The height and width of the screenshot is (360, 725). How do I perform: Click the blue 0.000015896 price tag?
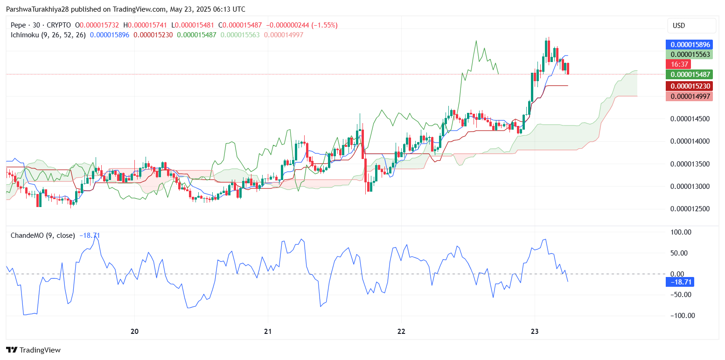690,45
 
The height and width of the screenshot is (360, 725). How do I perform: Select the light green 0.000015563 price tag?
690,55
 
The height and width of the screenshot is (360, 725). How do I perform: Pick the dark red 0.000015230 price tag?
690,86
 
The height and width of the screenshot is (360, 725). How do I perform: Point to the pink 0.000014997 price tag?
690,96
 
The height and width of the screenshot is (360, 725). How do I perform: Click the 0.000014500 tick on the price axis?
690,119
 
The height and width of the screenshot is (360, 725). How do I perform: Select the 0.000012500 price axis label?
690,208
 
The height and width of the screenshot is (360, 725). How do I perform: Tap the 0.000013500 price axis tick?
690,164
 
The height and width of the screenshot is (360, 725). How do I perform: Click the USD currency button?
691,26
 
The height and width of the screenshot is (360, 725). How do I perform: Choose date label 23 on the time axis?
535,332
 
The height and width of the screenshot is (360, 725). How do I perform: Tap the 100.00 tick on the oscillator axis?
681,232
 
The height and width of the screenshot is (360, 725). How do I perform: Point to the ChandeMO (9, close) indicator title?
42,235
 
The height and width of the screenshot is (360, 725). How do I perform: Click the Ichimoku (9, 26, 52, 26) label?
48,35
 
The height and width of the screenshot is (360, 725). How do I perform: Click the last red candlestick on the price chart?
568,68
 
